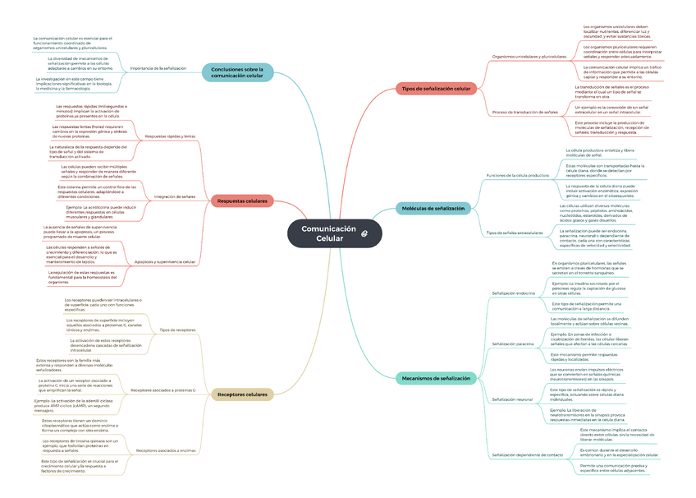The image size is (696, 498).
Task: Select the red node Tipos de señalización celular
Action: click(436, 88)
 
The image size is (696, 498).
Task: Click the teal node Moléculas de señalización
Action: click(433, 209)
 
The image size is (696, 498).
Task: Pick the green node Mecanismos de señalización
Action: click(436, 378)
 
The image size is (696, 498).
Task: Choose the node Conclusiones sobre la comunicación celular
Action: click(237, 72)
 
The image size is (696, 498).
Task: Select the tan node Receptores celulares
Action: click(242, 394)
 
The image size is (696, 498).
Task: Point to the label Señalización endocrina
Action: click(513, 293)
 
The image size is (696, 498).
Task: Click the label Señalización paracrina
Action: click(513, 344)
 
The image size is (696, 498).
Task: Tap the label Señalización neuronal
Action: click(512, 399)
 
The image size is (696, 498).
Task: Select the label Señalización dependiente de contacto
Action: click(527, 454)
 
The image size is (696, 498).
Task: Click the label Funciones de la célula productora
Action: click(517, 176)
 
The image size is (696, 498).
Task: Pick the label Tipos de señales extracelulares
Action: click(515, 233)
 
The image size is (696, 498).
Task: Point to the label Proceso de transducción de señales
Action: click(524, 112)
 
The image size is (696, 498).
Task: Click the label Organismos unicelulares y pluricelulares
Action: click(529, 57)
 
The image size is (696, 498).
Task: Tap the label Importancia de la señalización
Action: click(158, 68)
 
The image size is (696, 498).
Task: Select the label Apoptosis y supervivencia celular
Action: click(165, 262)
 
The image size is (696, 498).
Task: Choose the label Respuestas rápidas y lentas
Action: click(170, 136)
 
